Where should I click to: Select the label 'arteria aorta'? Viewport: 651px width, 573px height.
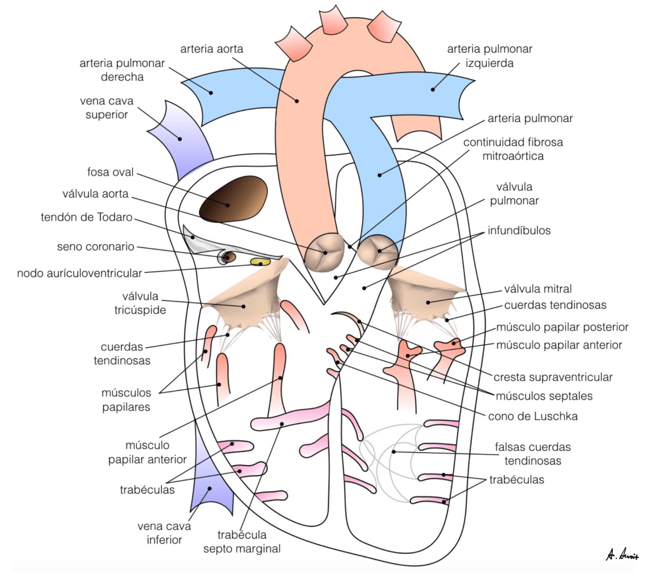pos(212,48)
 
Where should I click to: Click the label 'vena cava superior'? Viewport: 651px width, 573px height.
pos(104,107)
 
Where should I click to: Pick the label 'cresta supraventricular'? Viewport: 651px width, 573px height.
pos(552,377)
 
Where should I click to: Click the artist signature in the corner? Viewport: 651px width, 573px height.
pos(622,555)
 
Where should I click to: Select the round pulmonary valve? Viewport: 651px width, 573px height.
pos(377,251)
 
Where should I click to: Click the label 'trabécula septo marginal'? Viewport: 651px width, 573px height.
pos(249,541)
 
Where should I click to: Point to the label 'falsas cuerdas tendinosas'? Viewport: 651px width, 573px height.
pos(533,453)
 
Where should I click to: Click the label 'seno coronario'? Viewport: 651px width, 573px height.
pos(95,247)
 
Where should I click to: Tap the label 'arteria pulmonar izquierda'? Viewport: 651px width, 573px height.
pos(489,56)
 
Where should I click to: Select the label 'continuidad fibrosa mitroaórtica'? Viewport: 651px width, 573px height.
pos(503,149)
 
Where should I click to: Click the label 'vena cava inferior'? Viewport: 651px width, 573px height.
pos(160,533)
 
